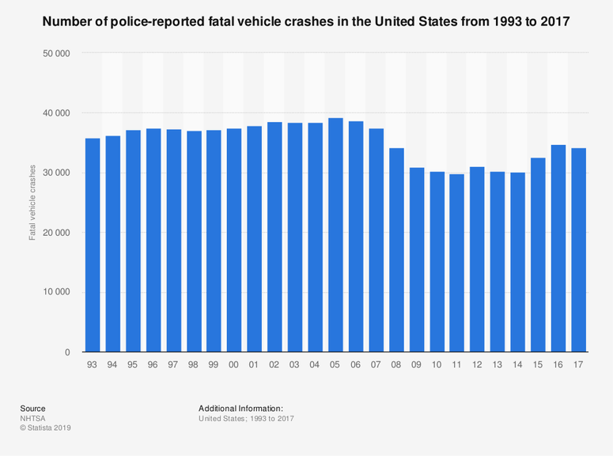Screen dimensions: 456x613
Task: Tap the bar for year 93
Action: (93, 245)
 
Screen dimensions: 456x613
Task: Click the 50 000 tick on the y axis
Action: (54, 54)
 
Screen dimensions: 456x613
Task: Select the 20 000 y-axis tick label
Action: (54, 233)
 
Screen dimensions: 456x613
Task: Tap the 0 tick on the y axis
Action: (68, 352)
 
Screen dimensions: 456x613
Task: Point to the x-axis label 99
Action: (214, 365)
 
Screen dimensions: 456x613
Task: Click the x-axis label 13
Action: (498, 365)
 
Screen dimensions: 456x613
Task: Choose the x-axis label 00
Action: (234, 365)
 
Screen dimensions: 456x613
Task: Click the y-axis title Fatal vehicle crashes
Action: (33, 203)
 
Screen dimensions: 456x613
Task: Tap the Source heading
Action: (32, 408)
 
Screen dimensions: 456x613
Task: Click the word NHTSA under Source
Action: (33, 418)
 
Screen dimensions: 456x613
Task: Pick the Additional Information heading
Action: (241, 408)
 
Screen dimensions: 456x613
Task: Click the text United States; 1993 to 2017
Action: (246, 418)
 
